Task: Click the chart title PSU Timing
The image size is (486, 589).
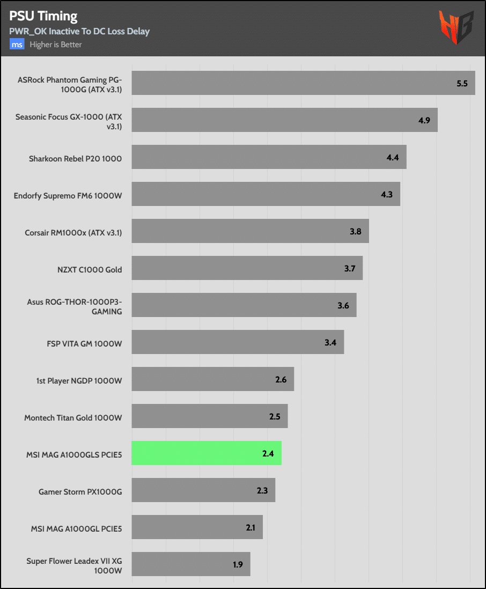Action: point(43,16)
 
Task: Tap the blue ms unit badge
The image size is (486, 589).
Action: point(17,45)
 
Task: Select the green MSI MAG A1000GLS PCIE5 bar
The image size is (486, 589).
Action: point(207,453)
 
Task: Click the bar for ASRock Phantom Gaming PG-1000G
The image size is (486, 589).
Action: point(303,83)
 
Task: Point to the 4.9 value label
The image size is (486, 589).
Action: point(424,120)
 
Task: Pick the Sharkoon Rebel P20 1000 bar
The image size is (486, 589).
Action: point(269,157)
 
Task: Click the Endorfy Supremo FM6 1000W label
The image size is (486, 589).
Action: point(68,196)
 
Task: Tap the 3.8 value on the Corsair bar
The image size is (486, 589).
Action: point(355,231)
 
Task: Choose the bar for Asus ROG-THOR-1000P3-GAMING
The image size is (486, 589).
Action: point(244,305)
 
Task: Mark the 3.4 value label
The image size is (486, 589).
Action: point(330,342)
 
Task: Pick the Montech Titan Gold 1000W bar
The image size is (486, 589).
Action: point(210,416)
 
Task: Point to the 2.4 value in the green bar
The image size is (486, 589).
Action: point(268,453)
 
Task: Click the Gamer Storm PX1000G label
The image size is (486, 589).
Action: point(80,492)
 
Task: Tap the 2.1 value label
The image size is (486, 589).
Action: point(251,527)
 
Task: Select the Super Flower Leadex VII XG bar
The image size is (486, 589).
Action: point(191,564)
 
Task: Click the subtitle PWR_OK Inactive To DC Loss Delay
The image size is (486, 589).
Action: point(79,31)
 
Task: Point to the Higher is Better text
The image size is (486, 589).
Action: point(56,45)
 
